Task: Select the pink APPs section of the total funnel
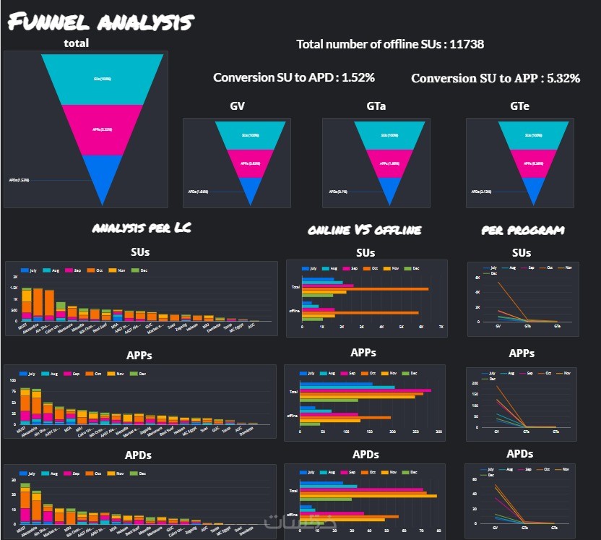(102, 130)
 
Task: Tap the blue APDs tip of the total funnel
(102, 177)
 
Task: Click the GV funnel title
(237, 106)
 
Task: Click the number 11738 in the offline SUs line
(467, 45)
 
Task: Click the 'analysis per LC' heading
(142, 229)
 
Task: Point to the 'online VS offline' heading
(365, 230)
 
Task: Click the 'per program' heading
(523, 231)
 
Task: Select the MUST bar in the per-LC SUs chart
(27, 304)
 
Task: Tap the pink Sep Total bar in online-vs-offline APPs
(365, 390)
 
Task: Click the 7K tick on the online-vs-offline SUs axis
(441, 327)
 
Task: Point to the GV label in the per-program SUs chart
(498, 327)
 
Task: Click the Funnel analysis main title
(101, 22)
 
